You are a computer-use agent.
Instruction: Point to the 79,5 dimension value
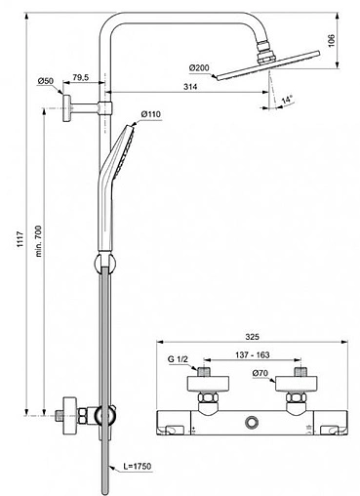(81, 76)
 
